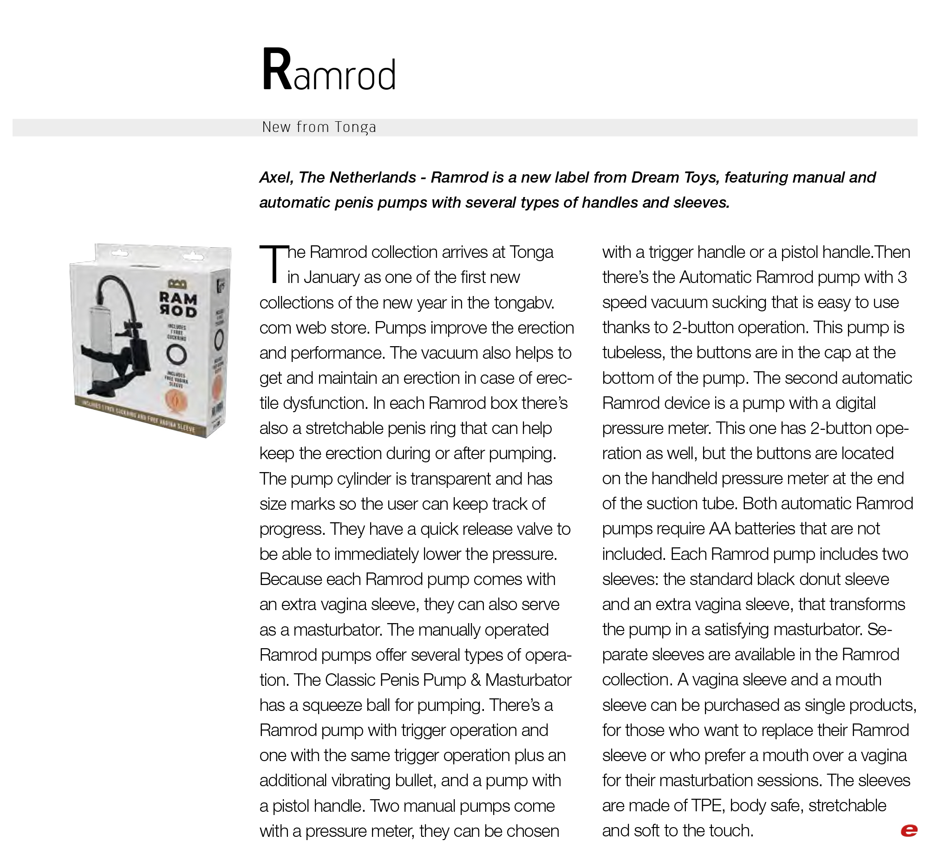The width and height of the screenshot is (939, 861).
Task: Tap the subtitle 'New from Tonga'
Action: [x=319, y=127]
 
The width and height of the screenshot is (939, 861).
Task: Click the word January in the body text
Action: [x=332, y=277]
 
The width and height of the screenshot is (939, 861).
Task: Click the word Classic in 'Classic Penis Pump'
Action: [x=350, y=680]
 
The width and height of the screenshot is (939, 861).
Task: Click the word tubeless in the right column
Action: [x=632, y=353]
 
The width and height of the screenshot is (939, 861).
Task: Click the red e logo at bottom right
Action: [x=909, y=830]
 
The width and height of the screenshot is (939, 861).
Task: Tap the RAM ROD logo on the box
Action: [x=177, y=304]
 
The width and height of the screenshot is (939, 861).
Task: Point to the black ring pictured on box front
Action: [x=176, y=354]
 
